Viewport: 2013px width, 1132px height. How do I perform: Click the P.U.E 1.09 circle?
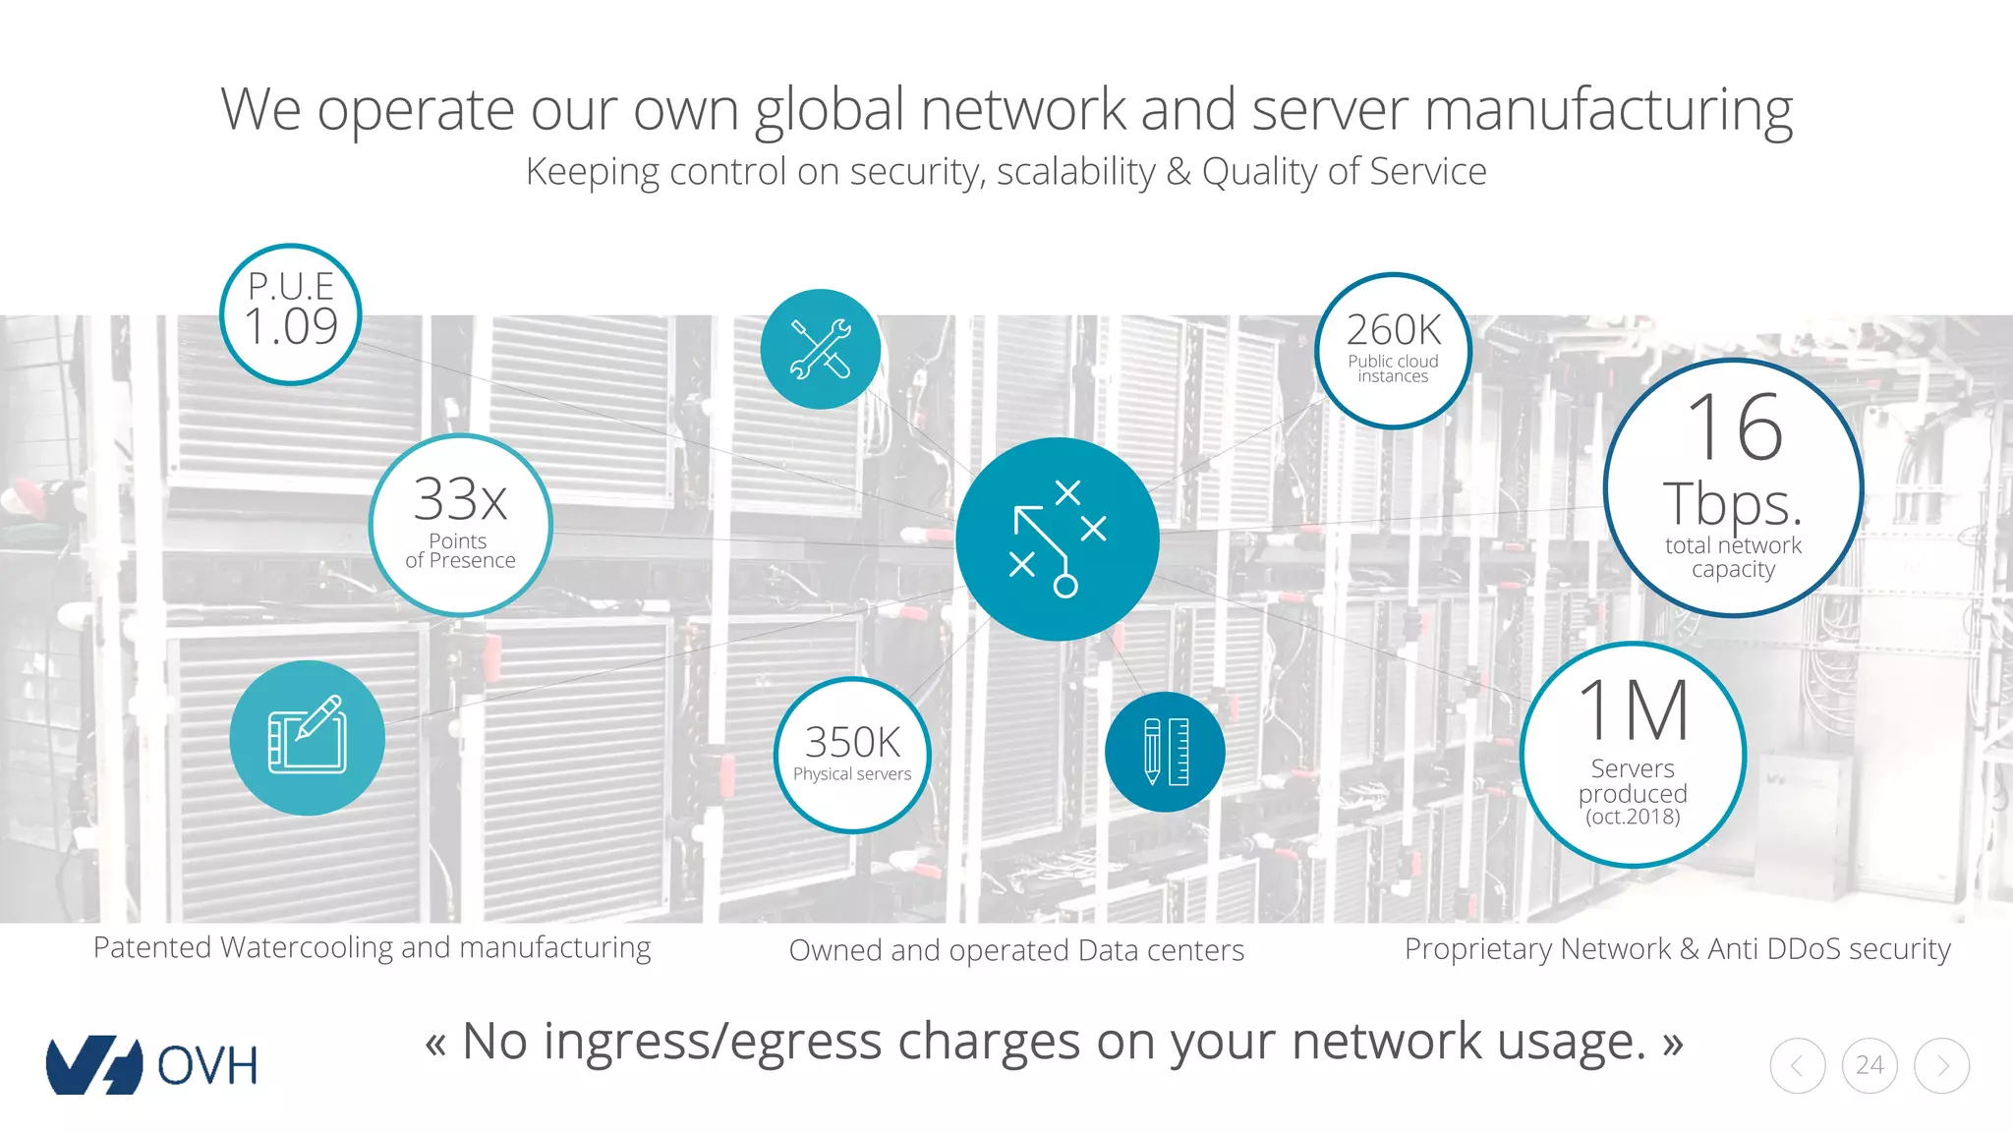[x=291, y=314]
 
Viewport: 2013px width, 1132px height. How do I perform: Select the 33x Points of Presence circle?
[x=460, y=525]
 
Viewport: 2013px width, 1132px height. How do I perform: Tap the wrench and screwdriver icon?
[x=821, y=349]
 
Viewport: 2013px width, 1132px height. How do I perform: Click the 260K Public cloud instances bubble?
[x=1393, y=351]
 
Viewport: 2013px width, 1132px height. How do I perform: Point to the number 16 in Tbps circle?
[x=1735, y=427]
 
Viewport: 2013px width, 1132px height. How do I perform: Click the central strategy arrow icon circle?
[x=1057, y=538]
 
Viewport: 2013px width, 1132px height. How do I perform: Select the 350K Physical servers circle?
[x=852, y=755]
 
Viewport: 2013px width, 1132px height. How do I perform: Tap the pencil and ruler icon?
[x=1165, y=752]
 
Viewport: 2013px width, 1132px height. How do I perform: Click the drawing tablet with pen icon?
[x=307, y=737]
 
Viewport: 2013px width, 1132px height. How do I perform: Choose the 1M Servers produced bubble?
[x=1633, y=754]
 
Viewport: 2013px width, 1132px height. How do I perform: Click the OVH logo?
[x=152, y=1065]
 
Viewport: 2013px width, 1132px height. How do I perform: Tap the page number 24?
[x=1869, y=1065]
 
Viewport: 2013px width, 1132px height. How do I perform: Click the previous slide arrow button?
[x=1797, y=1065]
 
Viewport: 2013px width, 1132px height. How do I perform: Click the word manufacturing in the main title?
[x=1608, y=110]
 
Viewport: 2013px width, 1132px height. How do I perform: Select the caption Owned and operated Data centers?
[x=1016, y=950]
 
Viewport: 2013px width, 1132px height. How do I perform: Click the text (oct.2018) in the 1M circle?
[x=1633, y=817]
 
